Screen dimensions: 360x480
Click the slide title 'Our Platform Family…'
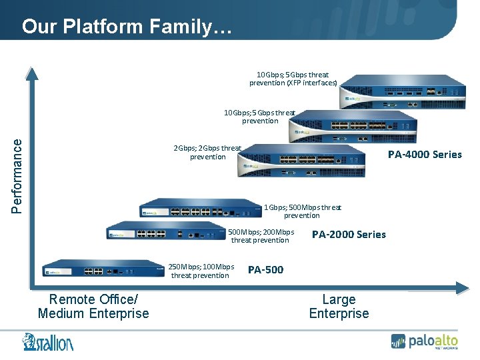click(x=127, y=27)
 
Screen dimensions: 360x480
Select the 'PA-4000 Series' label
click(x=425, y=155)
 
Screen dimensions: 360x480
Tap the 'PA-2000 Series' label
click(x=349, y=235)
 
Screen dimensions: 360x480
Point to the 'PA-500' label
click(x=265, y=270)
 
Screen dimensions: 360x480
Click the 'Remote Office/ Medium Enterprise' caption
click(x=93, y=307)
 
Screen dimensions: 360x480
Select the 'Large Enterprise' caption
click(x=339, y=307)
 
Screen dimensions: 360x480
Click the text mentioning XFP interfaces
click(x=293, y=79)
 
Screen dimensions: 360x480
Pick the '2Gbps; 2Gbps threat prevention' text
click(x=207, y=153)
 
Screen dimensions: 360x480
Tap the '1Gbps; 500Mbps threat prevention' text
click(x=302, y=211)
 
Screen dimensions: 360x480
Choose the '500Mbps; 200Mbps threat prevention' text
click(x=261, y=236)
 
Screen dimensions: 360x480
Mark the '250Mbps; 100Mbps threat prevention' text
click(x=201, y=271)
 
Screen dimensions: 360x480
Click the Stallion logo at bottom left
click(x=48, y=341)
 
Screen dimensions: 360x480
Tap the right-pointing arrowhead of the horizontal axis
click(x=462, y=288)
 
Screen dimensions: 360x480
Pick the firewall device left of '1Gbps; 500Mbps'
click(x=200, y=209)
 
